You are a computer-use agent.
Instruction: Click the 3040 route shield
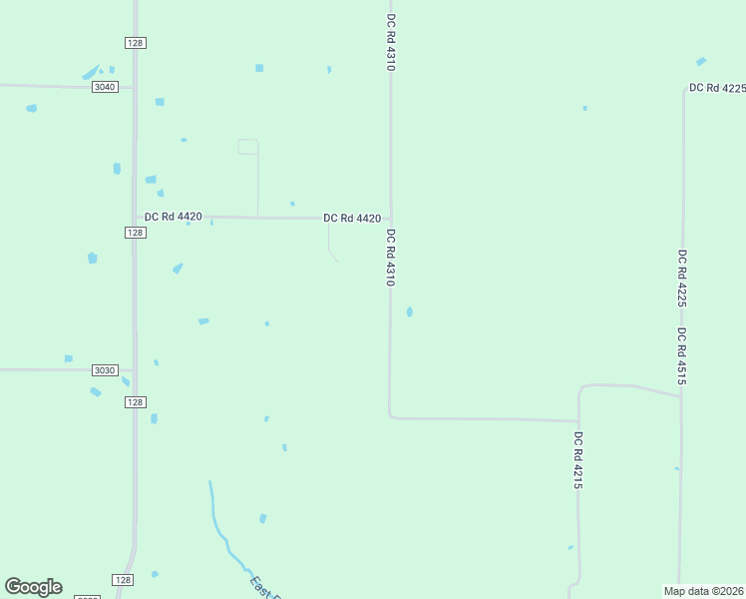click(x=105, y=87)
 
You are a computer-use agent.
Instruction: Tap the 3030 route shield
click(x=105, y=370)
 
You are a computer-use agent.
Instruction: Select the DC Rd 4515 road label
click(x=681, y=356)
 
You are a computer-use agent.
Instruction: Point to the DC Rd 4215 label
click(x=577, y=459)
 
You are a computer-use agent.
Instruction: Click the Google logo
click(x=33, y=587)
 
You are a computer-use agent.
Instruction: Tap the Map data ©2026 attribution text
click(x=703, y=591)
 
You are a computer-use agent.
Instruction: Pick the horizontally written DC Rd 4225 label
click(x=717, y=88)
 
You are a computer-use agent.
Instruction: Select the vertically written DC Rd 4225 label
click(x=681, y=278)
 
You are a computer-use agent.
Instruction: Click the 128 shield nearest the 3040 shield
click(x=136, y=42)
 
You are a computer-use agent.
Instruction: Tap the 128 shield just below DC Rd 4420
click(x=136, y=233)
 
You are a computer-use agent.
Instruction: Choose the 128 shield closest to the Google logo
click(x=122, y=580)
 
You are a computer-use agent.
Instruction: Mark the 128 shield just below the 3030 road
click(x=136, y=401)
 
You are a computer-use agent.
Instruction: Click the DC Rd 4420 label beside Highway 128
click(x=174, y=217)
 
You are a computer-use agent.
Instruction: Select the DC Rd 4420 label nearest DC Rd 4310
click(x=352, y=218)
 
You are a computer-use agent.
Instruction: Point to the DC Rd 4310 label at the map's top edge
click(x=391, y=42)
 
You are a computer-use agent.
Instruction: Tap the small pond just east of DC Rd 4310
click(x=410, y=312)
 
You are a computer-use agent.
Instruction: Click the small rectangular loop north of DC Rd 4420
click(x=248, y=147)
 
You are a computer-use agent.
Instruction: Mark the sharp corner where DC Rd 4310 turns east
click(x=390, y=416)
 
